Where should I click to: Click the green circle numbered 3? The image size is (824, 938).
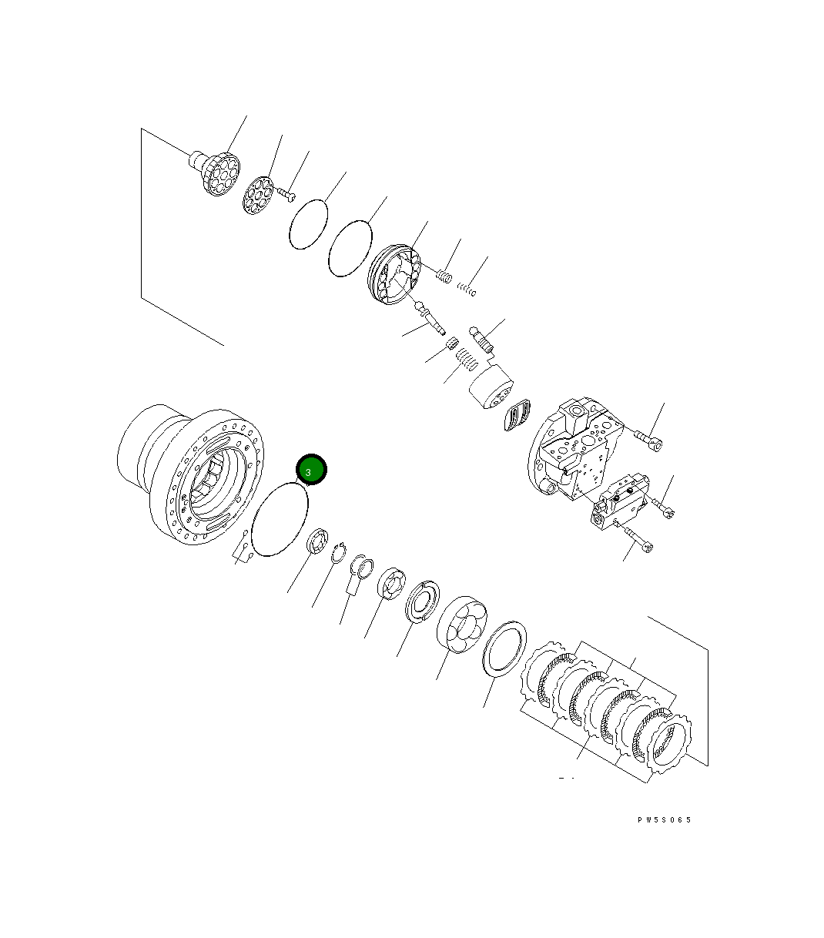(312, 470)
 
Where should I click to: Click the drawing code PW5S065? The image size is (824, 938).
(664, 819)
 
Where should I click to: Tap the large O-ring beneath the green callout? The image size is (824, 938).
(280, 517)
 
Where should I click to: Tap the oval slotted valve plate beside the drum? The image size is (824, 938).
(518, 416)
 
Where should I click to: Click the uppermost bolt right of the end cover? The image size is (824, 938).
(649, 439)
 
